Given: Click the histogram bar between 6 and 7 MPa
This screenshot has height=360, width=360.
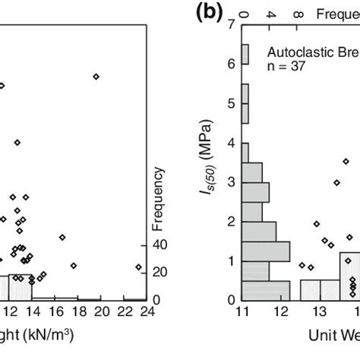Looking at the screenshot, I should tap(245, 54).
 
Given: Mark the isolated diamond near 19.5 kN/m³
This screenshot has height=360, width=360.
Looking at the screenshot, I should tap(96, 76).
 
